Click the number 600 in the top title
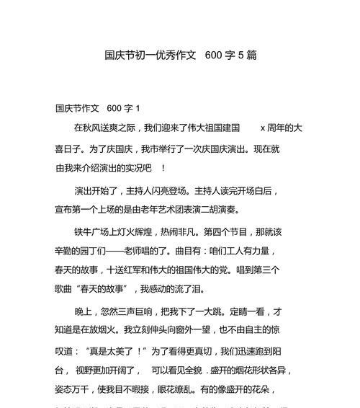pyautogui.click(x=214, y=56)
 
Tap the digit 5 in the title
pyautogui.click(x=241, y=56)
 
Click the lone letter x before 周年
pyautogui.click(x=263, y=128)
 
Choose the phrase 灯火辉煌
pyautogui.click(x=135, y=233)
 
